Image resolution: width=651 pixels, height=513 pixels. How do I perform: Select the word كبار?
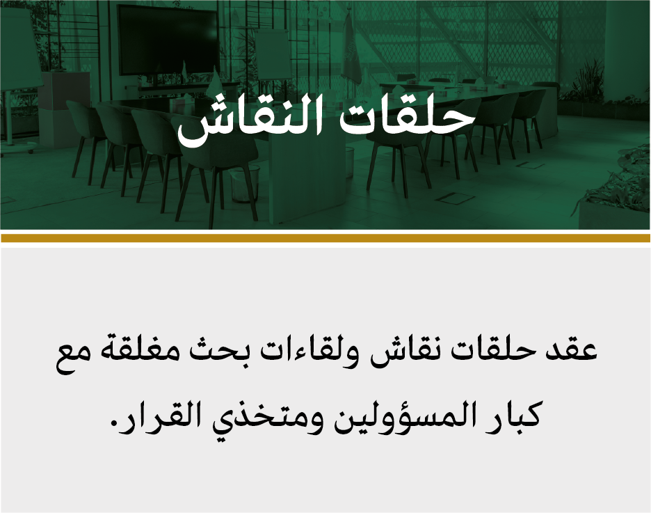pos(515,413)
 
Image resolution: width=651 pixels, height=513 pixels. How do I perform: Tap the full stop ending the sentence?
pos(113,424)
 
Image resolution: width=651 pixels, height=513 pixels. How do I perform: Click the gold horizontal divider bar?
pos(325,238)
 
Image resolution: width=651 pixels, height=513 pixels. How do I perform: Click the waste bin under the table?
pos(246,184)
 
